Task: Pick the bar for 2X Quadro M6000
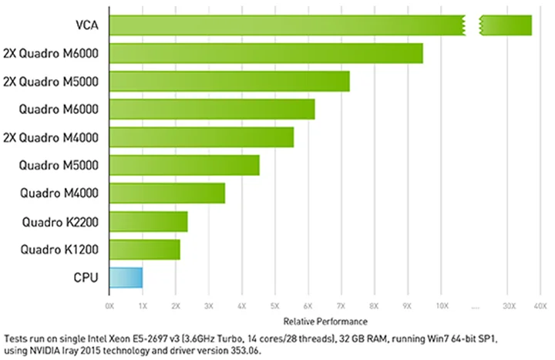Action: pyautogui.click(x=266, y=53)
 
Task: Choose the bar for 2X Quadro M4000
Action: pyautogui.click(x=201, y=137)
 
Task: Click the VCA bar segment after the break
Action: pyautogui.click(x=506, y=25)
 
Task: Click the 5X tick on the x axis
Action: pyautogui.click(x=275, y=306)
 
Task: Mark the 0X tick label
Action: pyautogui.click(x=109, y=306)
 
